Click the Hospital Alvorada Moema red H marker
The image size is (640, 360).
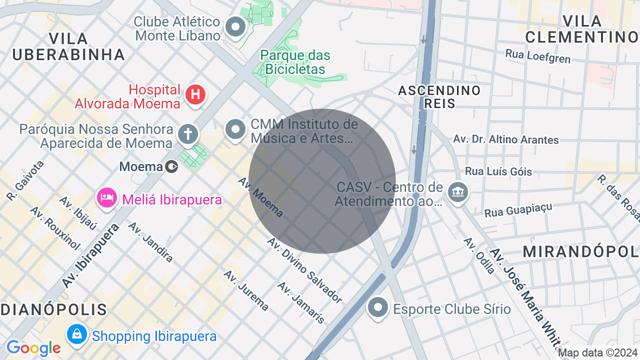click(x=195, y=95)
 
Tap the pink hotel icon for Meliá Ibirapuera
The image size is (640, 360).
click(x=106, y=198)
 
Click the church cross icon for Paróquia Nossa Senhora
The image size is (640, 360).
click(x=188, y=134)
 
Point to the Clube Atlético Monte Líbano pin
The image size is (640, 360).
click(x=235, y=27)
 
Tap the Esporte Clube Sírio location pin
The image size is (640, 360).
click(x=378, y=307)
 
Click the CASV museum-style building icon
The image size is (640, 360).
click(x=457, y=192)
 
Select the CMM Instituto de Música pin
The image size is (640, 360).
click(x=235, y=129)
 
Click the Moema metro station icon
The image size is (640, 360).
click(x=171, y=166)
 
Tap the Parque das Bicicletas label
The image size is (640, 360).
click(x=295, y=62)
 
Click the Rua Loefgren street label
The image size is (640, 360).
click(x=537, y=56)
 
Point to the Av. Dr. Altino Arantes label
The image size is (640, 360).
click(x=505, y=139)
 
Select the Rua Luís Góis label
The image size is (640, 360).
click(x=498, y=171)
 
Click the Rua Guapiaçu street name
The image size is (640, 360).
click(x=517, y=209)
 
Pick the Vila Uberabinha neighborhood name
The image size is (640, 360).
click(x=68, y=46)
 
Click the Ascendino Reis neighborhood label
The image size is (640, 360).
click(x=439, y=97)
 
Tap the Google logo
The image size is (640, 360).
click(x=33, y=348)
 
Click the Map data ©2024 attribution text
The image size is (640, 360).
click(x=598, y=353)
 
